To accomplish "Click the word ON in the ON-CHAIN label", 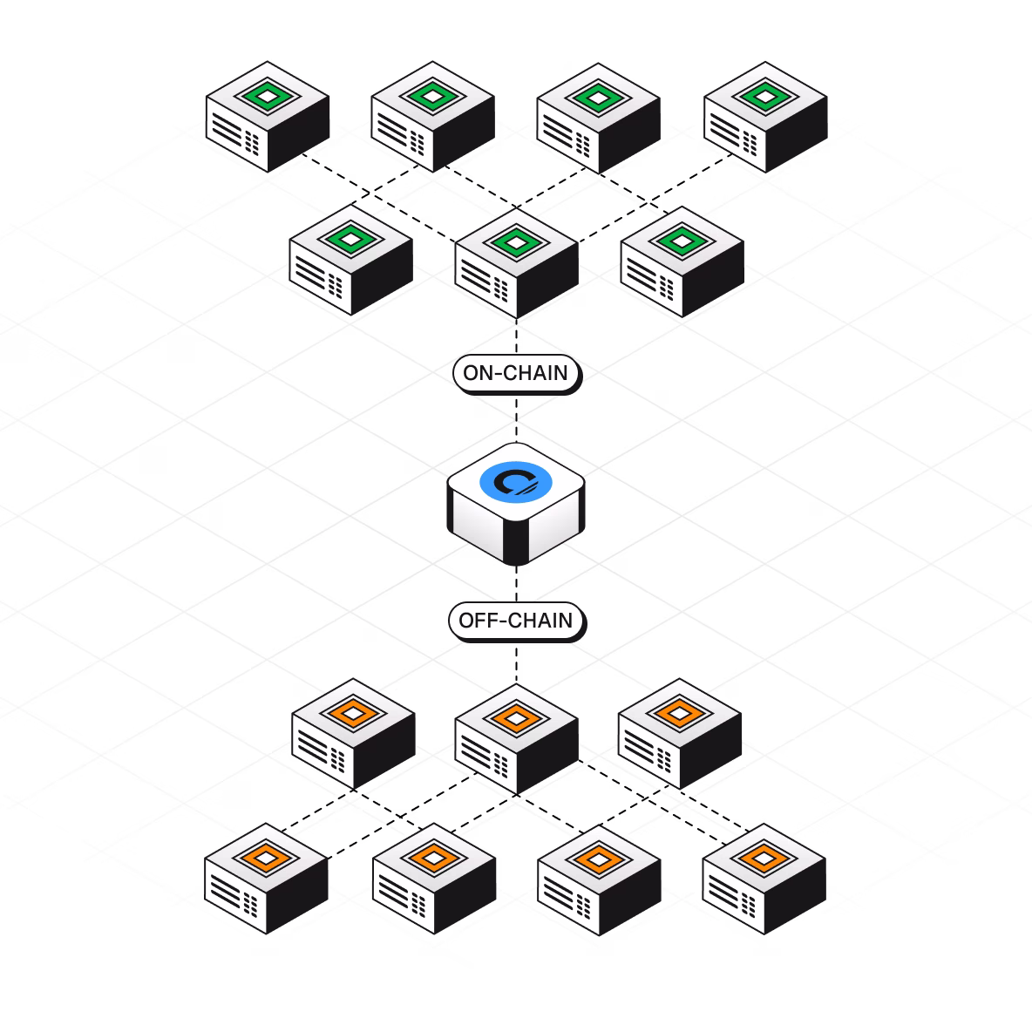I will pos(478,374).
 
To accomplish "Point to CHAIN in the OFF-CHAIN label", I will pos(540,621).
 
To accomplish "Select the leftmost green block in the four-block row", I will pos(268,117).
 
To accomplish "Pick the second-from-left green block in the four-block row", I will pos(433,117).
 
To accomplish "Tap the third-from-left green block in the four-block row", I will pos(599,117).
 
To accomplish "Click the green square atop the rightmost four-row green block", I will pos(765,94).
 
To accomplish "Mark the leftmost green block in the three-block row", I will pos(351,261).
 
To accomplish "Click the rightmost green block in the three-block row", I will pos(682,261).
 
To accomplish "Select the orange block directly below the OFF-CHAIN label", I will pos(516,739).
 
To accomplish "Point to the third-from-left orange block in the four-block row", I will pos(599,880).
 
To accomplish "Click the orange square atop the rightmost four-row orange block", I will pos(763,858).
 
